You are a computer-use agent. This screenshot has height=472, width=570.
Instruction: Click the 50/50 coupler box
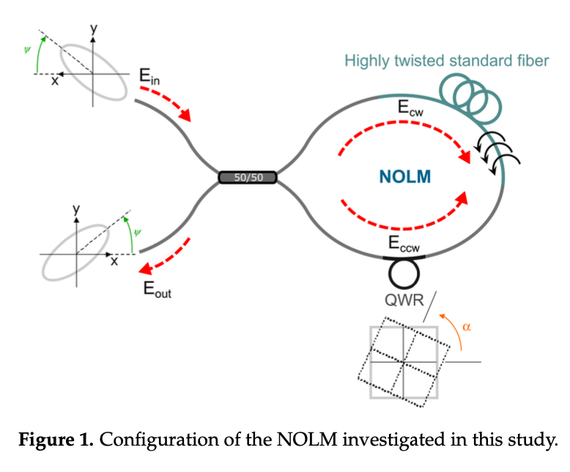point(248,177)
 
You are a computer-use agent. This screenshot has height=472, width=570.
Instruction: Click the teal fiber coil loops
point(469,96)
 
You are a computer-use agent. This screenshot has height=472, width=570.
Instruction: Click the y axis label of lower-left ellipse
point(75,210)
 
